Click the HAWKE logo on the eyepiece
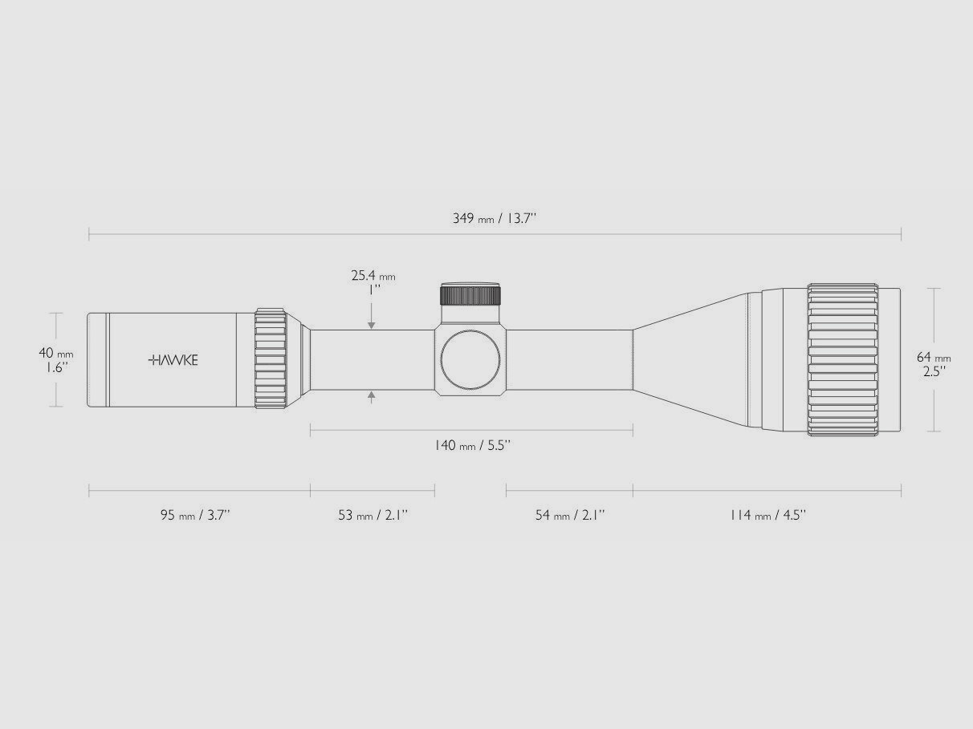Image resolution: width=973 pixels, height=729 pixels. tap(173, 360)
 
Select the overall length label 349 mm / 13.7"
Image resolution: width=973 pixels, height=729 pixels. tap(494, 218)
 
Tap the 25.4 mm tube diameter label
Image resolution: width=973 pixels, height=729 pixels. tap(373, 276)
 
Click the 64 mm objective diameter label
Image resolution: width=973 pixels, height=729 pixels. tap(934, 358)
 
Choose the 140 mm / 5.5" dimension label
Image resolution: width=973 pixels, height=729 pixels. tap(472, 445)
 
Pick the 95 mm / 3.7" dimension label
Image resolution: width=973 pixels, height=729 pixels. tap(195, 515)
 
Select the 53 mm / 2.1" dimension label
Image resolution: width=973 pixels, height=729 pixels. tap(373, 515)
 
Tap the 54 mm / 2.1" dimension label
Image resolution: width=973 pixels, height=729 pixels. tap(570, 515)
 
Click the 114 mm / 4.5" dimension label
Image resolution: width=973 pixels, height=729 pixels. tap(767, 515)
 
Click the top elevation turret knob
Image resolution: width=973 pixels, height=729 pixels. tap(470, 294)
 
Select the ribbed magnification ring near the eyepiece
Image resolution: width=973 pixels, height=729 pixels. tap(271, 358)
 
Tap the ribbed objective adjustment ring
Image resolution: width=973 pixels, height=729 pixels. tap(842, 360)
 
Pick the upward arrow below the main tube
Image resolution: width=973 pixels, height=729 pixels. tap(371, 395)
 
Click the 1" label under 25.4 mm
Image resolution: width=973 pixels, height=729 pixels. tap(373, 290)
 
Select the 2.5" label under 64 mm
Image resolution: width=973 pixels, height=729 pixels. tap(934, 371)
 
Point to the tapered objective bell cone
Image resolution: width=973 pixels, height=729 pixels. tap(690, 360)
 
